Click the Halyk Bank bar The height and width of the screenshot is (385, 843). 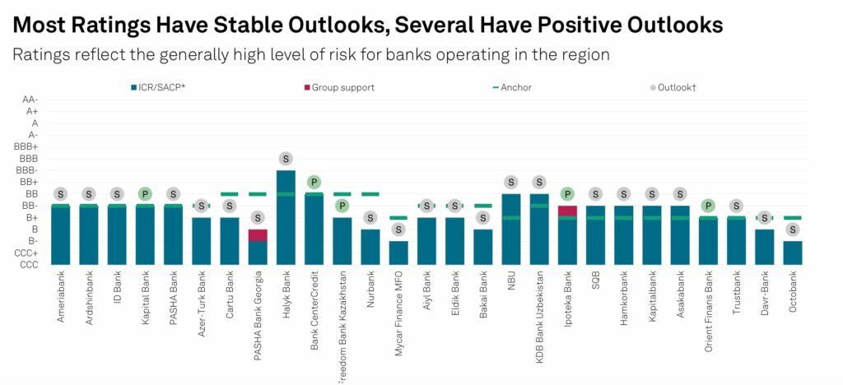(x=286, y=218)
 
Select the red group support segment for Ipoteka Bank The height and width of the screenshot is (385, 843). (x=567, y=211)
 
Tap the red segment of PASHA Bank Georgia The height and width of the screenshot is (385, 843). (x=258, y=235)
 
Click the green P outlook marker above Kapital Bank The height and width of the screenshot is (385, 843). (x=145, y=194)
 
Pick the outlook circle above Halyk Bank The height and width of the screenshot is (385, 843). (x=286, y=159)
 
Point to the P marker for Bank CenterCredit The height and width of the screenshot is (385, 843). (x=314, y=182)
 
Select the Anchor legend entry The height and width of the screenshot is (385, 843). (x=515, y=86)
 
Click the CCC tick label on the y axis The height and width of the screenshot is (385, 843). (x=29, y=265)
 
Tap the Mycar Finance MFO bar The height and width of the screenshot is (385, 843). (x=398, y=253)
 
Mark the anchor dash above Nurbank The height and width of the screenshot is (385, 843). (x=370, y=194)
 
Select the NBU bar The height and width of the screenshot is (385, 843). (x=511, y=230)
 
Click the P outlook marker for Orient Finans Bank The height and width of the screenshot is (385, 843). (x=708, y=206)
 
